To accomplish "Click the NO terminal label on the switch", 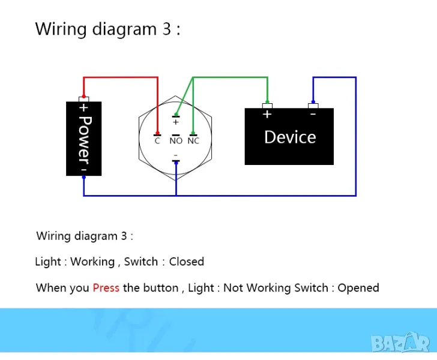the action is point(176,141).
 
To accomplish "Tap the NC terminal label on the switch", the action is point(193,141).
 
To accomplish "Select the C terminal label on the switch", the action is point(157,141).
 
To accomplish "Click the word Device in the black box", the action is point(290,137).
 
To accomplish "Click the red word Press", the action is point(106,288).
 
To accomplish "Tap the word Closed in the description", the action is point(187,262).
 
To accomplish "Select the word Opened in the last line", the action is point(358,288).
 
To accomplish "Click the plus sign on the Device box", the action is point(267,114).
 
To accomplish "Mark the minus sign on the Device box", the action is point(313,114).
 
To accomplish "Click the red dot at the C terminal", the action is point(157,133).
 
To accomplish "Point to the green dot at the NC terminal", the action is point(193,133).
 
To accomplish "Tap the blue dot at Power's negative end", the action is point(83,177).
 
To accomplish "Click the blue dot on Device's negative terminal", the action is point(313,102).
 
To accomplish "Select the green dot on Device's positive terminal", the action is point(267,102).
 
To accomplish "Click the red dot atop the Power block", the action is point(83,96).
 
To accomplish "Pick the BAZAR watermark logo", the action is point(400,343).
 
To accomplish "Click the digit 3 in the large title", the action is point(167,29).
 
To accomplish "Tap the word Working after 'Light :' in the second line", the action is point(92,262).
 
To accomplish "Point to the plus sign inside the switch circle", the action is point(175,122).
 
